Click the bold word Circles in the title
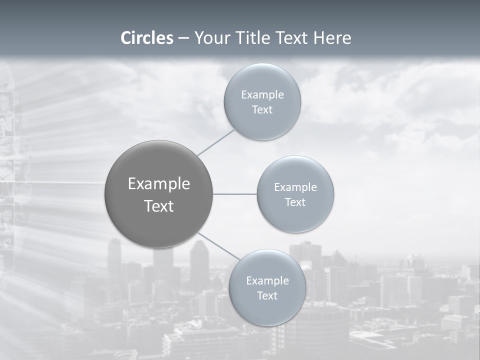pyautogui.click(x=147, y=38)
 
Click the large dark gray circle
pyautogui.click(x=159, y=165)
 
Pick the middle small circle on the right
pyautogui.click(x=295, y=220)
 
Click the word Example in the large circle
pyautogui.click(x=159, y=184)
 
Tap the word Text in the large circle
pyautogui.click(x=159, y=206)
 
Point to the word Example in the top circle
pyautogui.click(x=262, y=95)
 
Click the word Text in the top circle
pyautogui.click(x=262, y=110)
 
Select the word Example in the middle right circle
pyautogui.click(x=295, y=187)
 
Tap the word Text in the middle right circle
pyautogui.click(x=295, y=202)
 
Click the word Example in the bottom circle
pyautogui.click(x=267, y=281)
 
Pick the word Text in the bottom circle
pyautogui.click(x=267, y=296)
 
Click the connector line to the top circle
pyautogui.click(x=216, y=141)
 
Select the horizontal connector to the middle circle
pyautogui.click(x=235, y=194)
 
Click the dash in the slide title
pyautogui.click(x=183, y=38)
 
